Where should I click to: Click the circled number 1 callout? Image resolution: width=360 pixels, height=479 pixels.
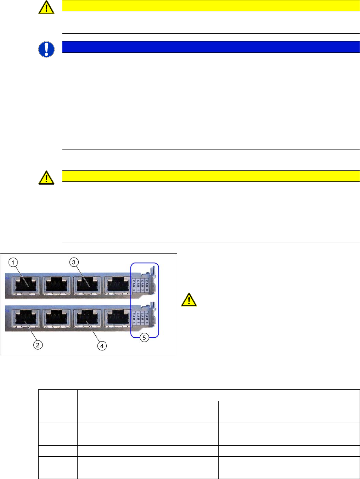(x=13, y=263)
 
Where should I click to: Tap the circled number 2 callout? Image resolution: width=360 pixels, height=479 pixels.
(x=38, y=345)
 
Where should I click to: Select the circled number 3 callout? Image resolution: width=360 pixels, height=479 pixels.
(x=74, y=263)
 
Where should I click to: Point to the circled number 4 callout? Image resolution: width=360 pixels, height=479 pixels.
(x=102, y=346)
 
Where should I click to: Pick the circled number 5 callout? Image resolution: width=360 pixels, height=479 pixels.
(x=144, y=338)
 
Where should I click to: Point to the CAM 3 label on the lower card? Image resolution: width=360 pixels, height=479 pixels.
(x=134, y=316)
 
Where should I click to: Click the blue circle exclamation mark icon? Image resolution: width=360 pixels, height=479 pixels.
(x=46, y=49)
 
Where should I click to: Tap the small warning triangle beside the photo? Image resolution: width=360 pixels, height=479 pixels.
(x=189, y=300)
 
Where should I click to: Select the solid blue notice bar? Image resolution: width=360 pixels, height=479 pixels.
(x=211, y=47)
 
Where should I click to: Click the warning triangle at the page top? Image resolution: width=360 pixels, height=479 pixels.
(x=46, y=8)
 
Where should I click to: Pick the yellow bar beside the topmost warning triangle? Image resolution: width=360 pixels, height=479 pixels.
(x=211, y=6)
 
